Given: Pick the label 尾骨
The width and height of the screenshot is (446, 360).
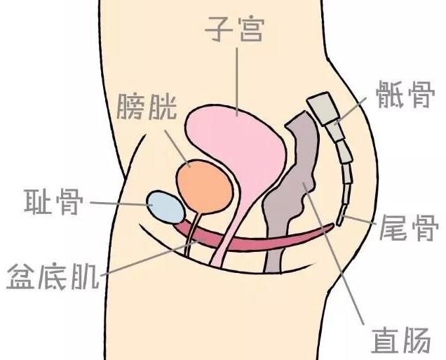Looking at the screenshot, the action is [409, 229].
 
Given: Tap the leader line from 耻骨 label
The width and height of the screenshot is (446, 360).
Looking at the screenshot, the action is [119, 203].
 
